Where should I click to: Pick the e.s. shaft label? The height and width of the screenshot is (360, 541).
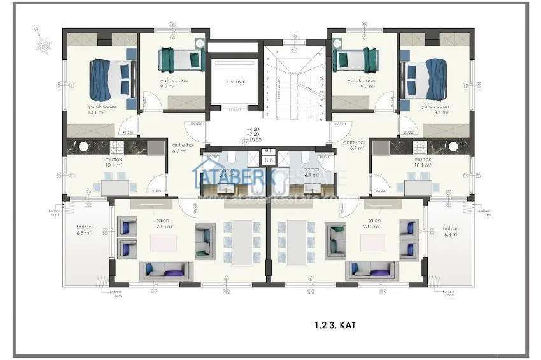tap(270, 151)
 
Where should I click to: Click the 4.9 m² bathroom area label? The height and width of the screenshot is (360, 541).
tap(311, 174)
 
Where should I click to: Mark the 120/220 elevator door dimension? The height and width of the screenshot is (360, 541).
tap(235, 109)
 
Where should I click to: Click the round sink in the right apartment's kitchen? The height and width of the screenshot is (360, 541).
tap(453, 146)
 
